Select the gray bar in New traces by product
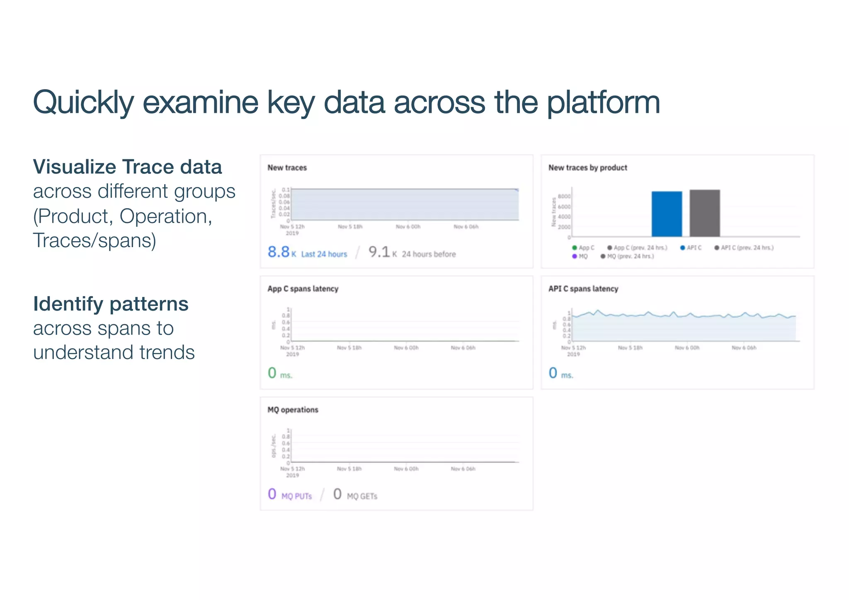click(704, 213)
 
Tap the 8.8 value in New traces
click(279, 252)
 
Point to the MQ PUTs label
click(296, 496)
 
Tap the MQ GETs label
click(362, 496)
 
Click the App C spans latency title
click(303, 289)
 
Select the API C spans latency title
click(583, 289)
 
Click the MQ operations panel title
click(293, 410)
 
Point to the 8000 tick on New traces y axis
click(564, 196)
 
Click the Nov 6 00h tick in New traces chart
click(408, 227)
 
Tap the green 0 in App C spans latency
click(272, 373)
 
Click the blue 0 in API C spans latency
click(553, 373)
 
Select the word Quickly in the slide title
click(83, 102)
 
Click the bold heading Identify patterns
click(111, 304)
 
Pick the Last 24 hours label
click(324, 254)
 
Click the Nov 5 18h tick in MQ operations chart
click(349, 469)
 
